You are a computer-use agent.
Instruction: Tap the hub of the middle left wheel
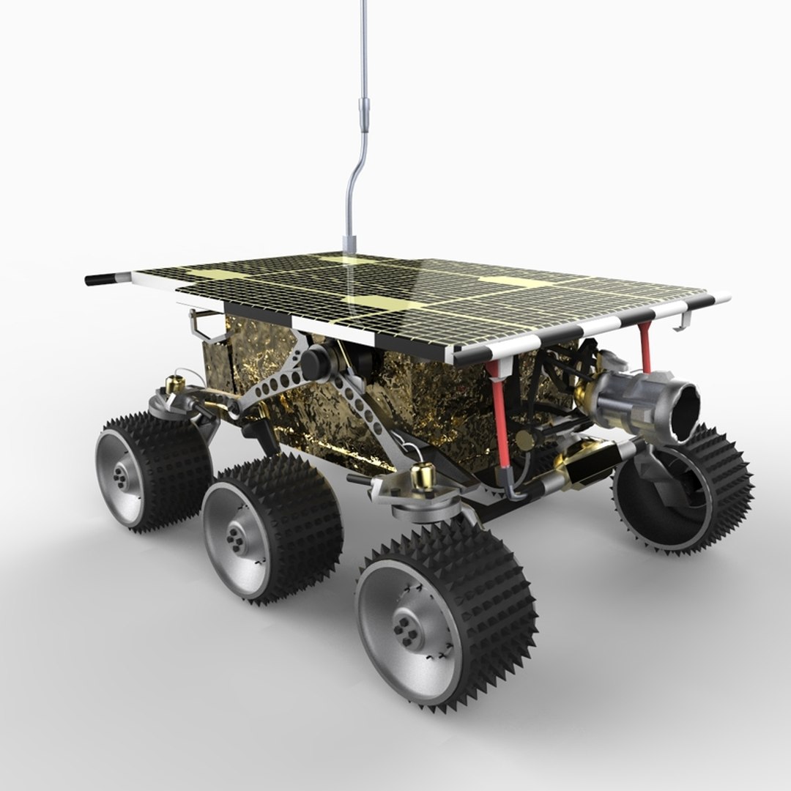click(237, 541)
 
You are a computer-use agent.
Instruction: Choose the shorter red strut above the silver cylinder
click(645, 347)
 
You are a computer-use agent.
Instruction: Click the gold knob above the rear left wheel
click(175, 384)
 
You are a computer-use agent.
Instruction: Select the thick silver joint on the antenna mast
click(363, 110)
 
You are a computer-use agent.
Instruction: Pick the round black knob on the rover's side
click(316, 362)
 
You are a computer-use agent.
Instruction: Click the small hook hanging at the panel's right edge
click(684, 321)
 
